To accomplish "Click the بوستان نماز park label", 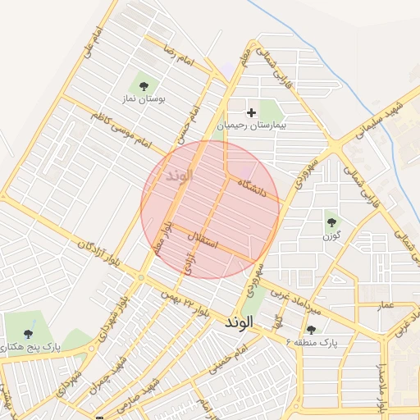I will (x=144, y=98).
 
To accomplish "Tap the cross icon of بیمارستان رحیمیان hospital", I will (x=252, y=112).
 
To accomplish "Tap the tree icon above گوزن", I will (x=331, y=220).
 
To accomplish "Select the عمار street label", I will (x=386, y=305).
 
